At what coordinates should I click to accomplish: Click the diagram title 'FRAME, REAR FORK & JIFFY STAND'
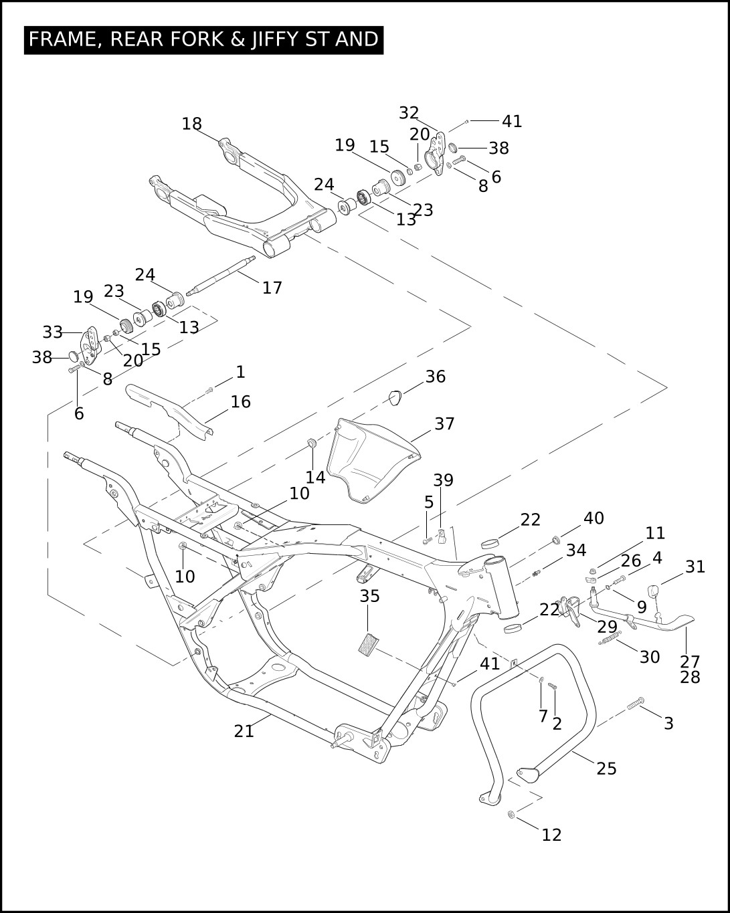pos(203,39)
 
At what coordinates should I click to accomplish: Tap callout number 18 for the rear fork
pos(191,124)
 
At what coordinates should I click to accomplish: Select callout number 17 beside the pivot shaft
pos(272,288)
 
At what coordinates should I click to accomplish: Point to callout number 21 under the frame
pos(244,731)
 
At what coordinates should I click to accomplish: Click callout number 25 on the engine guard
pos(606,768)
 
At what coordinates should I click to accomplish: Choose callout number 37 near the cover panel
pos(444,424)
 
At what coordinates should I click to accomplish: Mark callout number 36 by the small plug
pos(435,377)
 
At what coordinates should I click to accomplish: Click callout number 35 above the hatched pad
pos(369,596)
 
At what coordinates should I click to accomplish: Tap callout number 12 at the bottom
pos(551,834)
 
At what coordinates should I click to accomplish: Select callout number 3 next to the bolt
pos(668,723)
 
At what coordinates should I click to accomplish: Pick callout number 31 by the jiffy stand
pos(695,567)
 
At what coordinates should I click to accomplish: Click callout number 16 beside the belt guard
pos(240,401)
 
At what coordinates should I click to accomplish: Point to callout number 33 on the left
pos(52,332)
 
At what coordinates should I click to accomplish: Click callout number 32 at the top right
pos(408,113)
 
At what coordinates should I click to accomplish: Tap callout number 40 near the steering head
pos(593,518)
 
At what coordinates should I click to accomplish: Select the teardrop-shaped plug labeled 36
pos(395,397)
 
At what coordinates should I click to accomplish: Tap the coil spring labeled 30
pos(610,641)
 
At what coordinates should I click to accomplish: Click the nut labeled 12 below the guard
pos(511,815)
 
